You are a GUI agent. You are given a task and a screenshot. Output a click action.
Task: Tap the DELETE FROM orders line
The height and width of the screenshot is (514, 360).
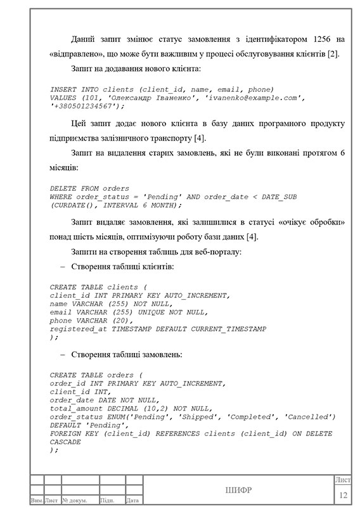(89, 189)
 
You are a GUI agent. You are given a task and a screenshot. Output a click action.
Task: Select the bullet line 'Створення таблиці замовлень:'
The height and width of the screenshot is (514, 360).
(127, 355)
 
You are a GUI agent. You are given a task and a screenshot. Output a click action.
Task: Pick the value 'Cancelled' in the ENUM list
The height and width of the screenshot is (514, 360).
(309, 416)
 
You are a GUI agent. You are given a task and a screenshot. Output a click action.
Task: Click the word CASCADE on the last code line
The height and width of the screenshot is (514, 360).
(65, 441)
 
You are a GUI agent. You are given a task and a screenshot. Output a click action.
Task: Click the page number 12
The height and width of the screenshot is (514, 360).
(344, 494)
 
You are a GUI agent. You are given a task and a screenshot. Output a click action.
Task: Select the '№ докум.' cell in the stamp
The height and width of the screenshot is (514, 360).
(75, 501)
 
